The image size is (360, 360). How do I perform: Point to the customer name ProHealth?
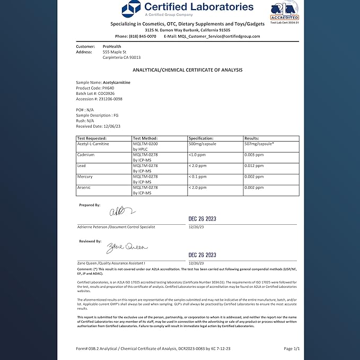tap(112, 47)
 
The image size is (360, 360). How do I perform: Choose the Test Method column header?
tap(146, 138)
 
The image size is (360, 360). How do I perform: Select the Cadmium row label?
tap(86, 154)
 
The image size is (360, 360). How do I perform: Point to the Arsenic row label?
tap(85, 187)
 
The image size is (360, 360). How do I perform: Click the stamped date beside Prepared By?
tap(202, 218)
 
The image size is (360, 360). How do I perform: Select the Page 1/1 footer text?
tap(292, 348)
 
